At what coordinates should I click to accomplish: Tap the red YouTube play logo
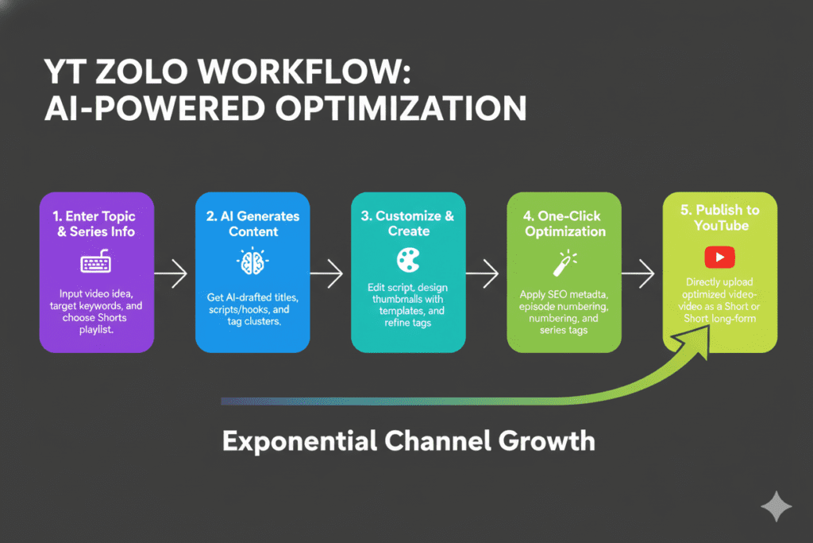[x=719, y=256]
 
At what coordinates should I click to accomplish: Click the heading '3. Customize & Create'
[x=409, y=223]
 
